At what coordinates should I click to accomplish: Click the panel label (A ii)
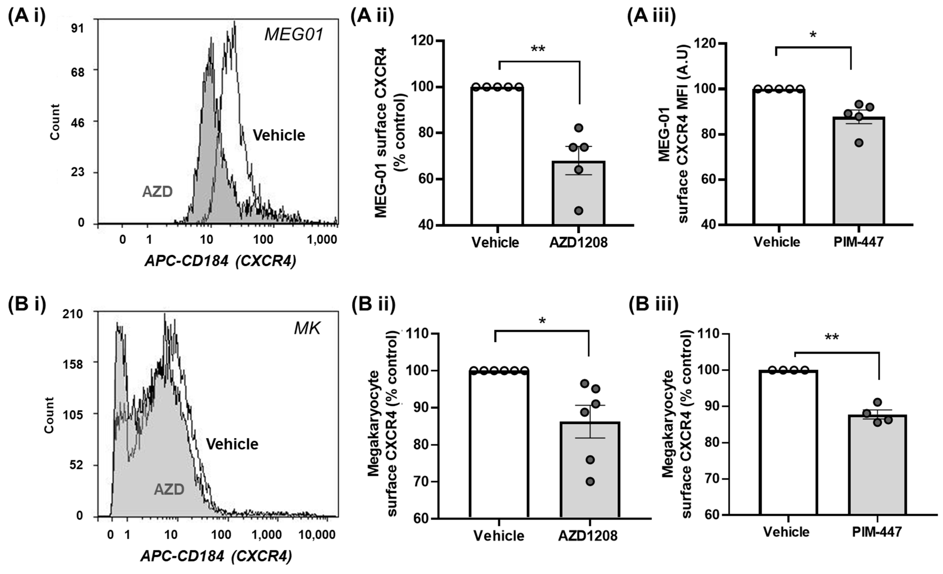coord(372,17)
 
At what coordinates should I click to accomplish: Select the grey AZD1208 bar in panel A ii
coord(578,193)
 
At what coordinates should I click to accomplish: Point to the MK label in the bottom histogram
coord(307,329)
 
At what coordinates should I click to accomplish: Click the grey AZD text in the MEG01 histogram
coord(157,191)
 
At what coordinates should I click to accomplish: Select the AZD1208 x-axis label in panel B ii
coord(587,535)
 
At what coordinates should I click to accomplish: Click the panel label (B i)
coord(27,304)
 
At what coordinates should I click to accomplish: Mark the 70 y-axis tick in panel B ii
coord(419,482)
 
